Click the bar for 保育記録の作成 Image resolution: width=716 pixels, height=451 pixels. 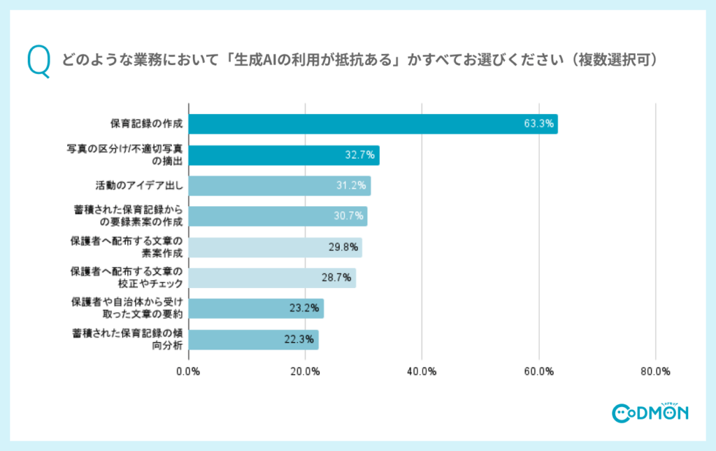click(x=373, y=124)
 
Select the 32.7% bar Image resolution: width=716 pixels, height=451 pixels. click(x=284, y=155)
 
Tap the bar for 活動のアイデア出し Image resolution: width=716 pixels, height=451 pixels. click(x=280, y=186)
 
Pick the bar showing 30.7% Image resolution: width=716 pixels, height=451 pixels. click(x=278, y=216)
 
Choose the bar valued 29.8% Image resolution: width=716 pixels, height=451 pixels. click(x=275, y=248)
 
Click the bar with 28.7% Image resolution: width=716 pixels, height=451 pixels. click(x=272, y=278)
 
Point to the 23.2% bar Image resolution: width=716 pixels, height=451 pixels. click(x=256, y=308)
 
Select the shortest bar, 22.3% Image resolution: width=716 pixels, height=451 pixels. click(x=253, y=340)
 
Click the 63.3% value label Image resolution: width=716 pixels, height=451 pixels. click(x=539, y=124)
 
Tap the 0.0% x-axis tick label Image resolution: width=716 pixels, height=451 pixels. click(x=189, y=371)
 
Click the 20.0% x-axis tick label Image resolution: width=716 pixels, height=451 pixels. click(x=306, y=371)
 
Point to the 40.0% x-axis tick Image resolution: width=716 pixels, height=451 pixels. click(x=422, y=371)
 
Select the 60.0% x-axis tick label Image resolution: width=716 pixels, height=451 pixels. click(x=539, y=371)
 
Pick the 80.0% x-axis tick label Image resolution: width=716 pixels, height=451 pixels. click(x=655, y=371)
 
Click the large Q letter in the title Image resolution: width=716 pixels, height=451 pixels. click(x=39, y=62)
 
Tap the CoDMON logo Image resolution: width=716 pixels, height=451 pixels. click(x=650, y=413)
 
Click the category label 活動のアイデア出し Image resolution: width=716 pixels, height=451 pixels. click(x=138, y=186)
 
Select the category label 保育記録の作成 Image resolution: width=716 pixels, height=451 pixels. click(x=145, y=124)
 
